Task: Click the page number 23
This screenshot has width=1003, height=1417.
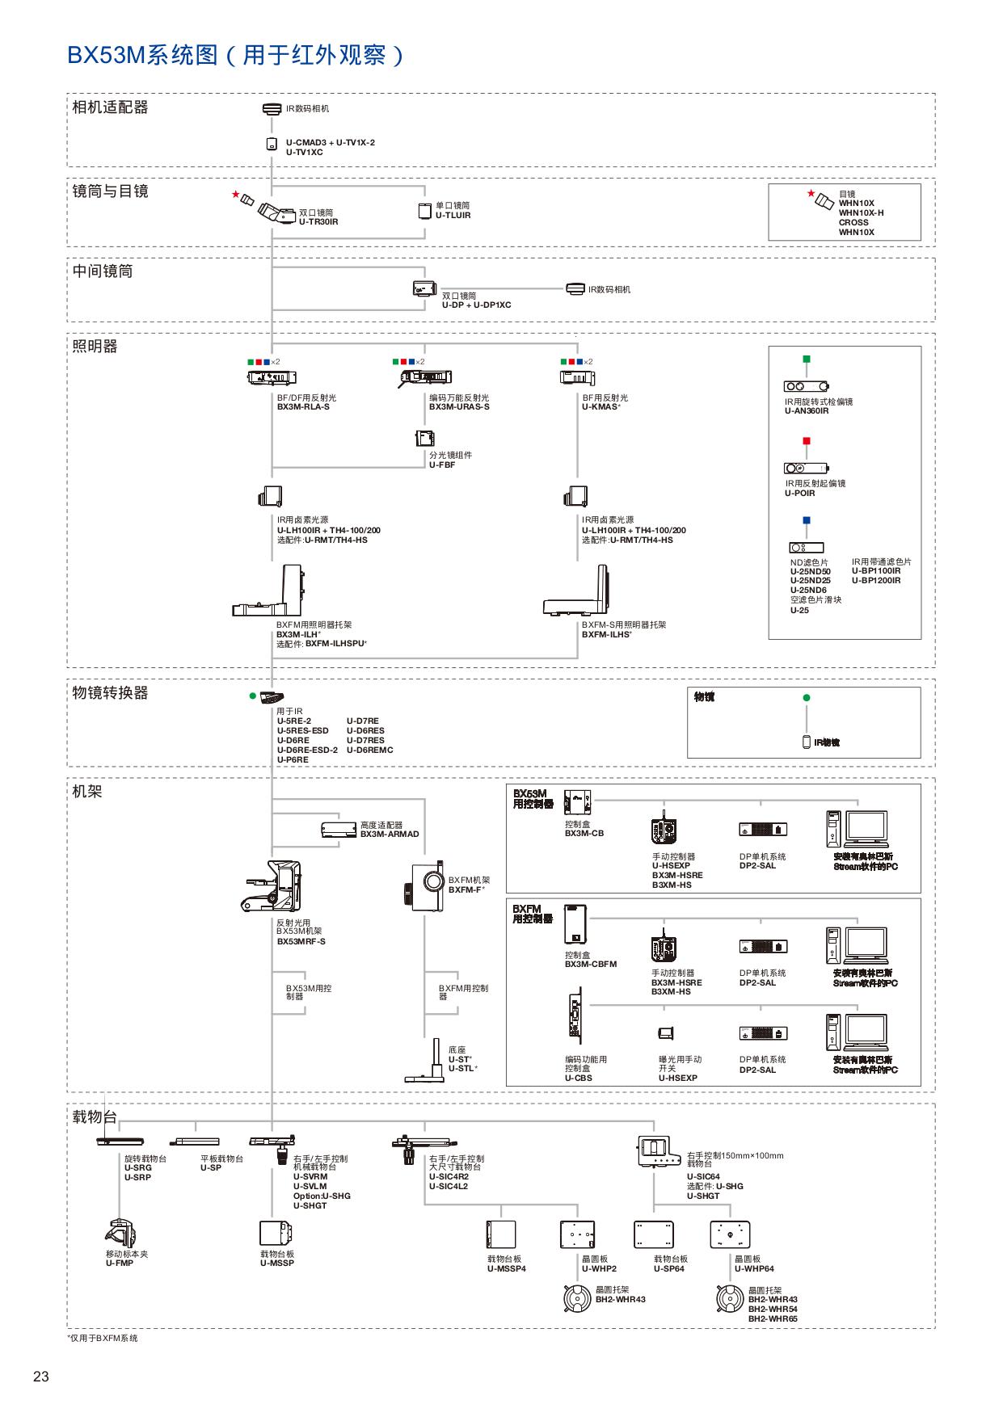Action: [41, 1377]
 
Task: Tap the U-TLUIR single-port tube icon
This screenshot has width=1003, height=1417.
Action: [425, 211]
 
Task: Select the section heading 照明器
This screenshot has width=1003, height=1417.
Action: [95, 347]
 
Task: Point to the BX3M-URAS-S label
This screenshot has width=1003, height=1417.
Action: [458, 407]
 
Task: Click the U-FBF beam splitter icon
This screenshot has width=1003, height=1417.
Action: [425, 439]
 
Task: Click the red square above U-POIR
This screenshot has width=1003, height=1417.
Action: [806, 441]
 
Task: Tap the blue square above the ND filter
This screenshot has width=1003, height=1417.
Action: [806, 521]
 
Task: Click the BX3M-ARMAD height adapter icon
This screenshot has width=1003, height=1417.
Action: [339, 830]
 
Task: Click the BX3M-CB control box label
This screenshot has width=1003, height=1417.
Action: [584, 833]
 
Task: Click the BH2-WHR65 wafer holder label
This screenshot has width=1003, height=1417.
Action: [772, 1318]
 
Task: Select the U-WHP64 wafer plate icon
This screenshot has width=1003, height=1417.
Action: [730, 1234]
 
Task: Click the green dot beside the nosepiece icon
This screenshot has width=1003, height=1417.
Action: [253, 696]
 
